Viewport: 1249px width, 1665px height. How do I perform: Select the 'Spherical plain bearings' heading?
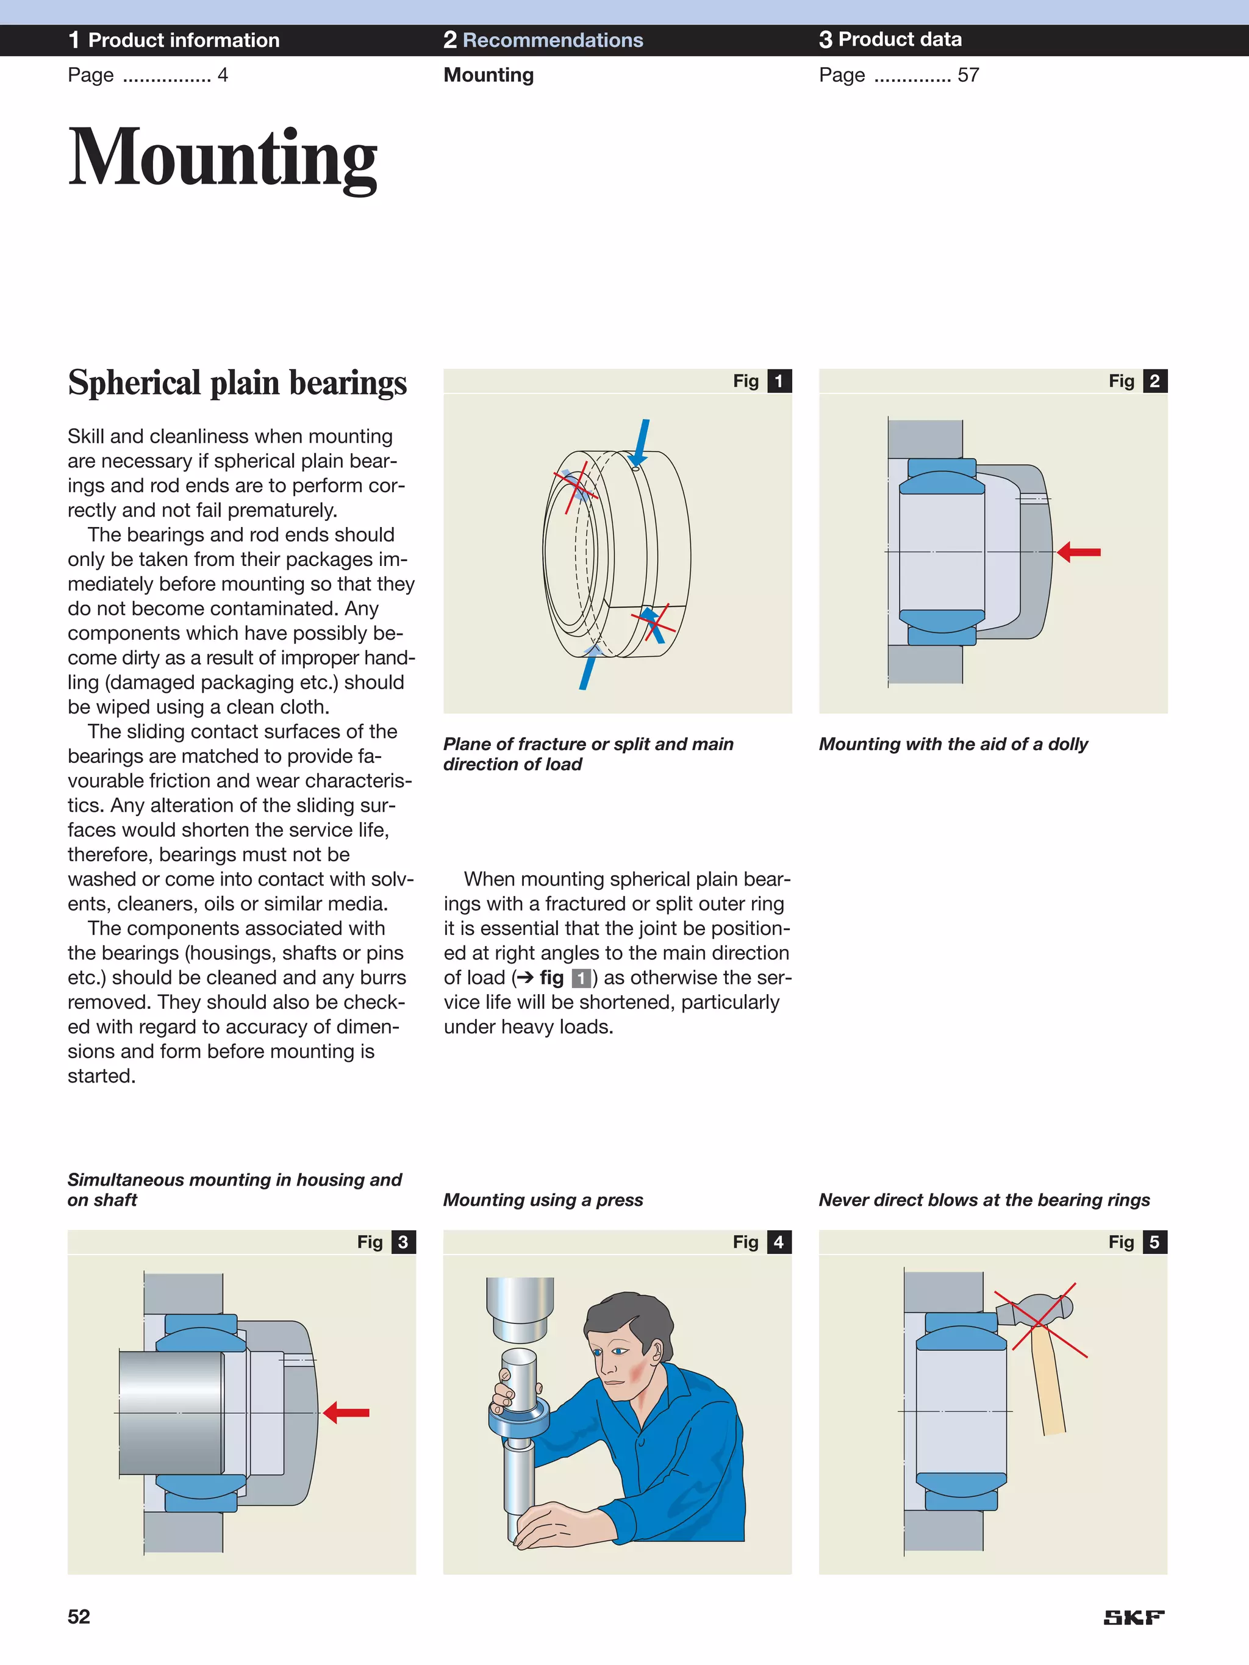237,382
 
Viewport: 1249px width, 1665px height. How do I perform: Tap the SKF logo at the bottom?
1133,1617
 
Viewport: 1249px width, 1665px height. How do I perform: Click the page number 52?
79,1617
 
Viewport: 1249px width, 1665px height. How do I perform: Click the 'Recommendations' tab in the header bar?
553,40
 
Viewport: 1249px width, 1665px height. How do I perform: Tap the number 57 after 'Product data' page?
968,75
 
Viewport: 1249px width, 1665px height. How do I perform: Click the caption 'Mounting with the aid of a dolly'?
953,743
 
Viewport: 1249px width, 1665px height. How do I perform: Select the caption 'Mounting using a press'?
543,1200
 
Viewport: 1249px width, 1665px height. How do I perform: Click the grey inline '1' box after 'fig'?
581,978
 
